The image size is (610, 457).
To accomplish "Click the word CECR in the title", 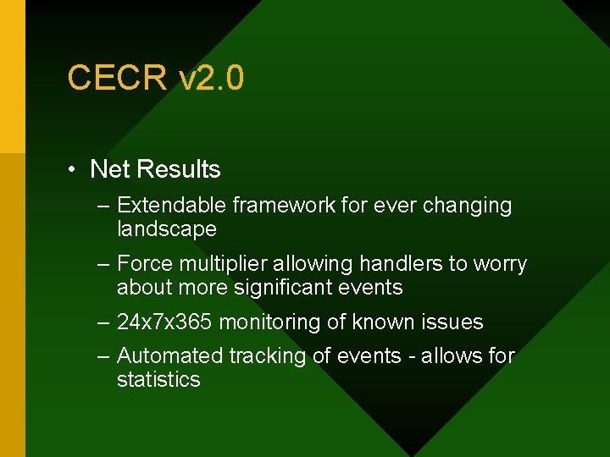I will pos(118,79).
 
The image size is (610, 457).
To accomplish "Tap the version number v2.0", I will pos(211,79).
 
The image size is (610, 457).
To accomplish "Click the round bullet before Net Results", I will pos(75,170).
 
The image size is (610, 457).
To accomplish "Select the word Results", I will pos(178,169).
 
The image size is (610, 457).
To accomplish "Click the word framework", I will pos(284,206).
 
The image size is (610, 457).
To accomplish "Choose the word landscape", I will pos(166,229).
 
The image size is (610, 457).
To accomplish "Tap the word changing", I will pos(468,206).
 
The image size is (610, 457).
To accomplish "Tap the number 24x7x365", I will pos(165,322).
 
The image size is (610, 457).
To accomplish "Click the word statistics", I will pos(158,379).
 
